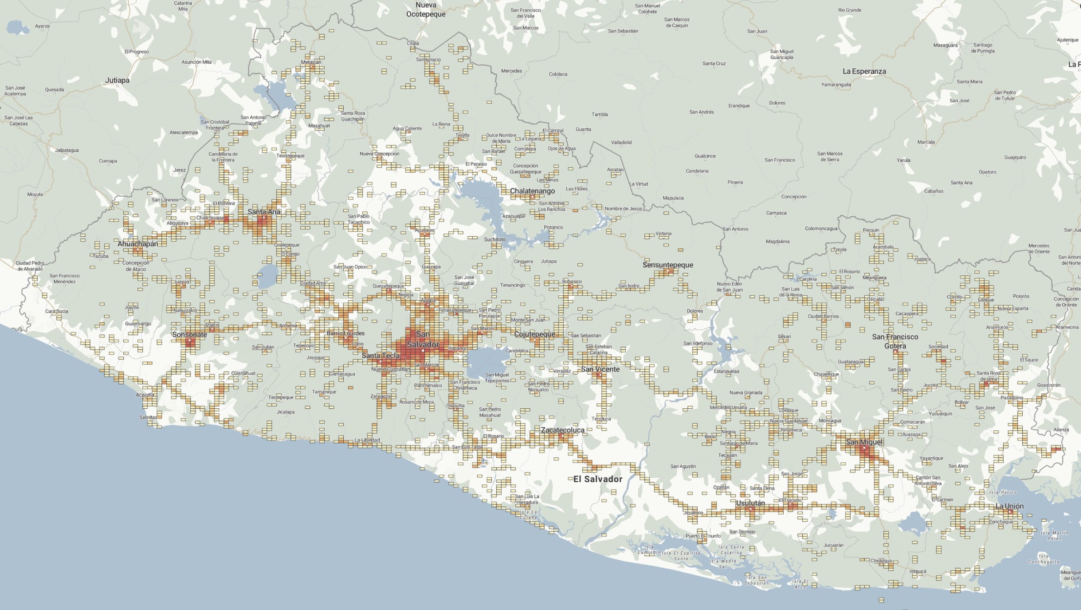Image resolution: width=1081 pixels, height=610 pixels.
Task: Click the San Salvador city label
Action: pyautogui.click(x=423, y=339)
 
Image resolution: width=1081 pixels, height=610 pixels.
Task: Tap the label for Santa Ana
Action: pyautogui.click(x=264, y=212)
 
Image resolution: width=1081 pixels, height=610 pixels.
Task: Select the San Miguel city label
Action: pyautogui.click(x=864, y=442)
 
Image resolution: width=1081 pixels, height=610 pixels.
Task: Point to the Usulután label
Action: pyautogui.click(x=750, y=503)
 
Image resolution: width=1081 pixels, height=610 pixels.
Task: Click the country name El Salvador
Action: pyautogui.click(x=598, y=479)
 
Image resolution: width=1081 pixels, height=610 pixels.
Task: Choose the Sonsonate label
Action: pyautogui.click(x=190, y=335)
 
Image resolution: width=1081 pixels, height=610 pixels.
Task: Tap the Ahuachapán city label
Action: pyautogui.click(x=138, y=243)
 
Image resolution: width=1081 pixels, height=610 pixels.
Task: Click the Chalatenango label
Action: pyautogui.click(x=532, y=191)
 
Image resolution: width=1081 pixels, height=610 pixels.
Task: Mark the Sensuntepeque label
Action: pyautogui.click(x=668, y=265)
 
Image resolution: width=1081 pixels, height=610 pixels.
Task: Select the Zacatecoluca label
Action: pyautogui.click(x=562, y=430)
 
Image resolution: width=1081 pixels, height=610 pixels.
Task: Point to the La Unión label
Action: pyautogui.click(x=1009, y=506)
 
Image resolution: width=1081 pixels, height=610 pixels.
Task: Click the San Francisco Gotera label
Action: pyautogui.click(x=895, y=341)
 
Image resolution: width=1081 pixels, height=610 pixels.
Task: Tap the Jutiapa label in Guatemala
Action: pyautogui.click(x=117, y=80)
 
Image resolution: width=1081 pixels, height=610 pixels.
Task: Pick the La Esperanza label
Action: pyautogui.click(x=864, y=71)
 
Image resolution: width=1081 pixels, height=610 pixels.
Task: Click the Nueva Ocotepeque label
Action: pyautogui.click(x=426, y=9)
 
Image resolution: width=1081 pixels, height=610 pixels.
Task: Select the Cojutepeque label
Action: pyautogui.click(x=535, y=334)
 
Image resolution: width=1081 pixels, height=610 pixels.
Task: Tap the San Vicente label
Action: pyautogui.click(x=600, y=369)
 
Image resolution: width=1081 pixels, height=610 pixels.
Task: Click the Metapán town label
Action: pyautogui.click(x=311, y=62)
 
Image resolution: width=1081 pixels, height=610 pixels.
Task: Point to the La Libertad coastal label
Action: pyautogui.click(x=367, y=440)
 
